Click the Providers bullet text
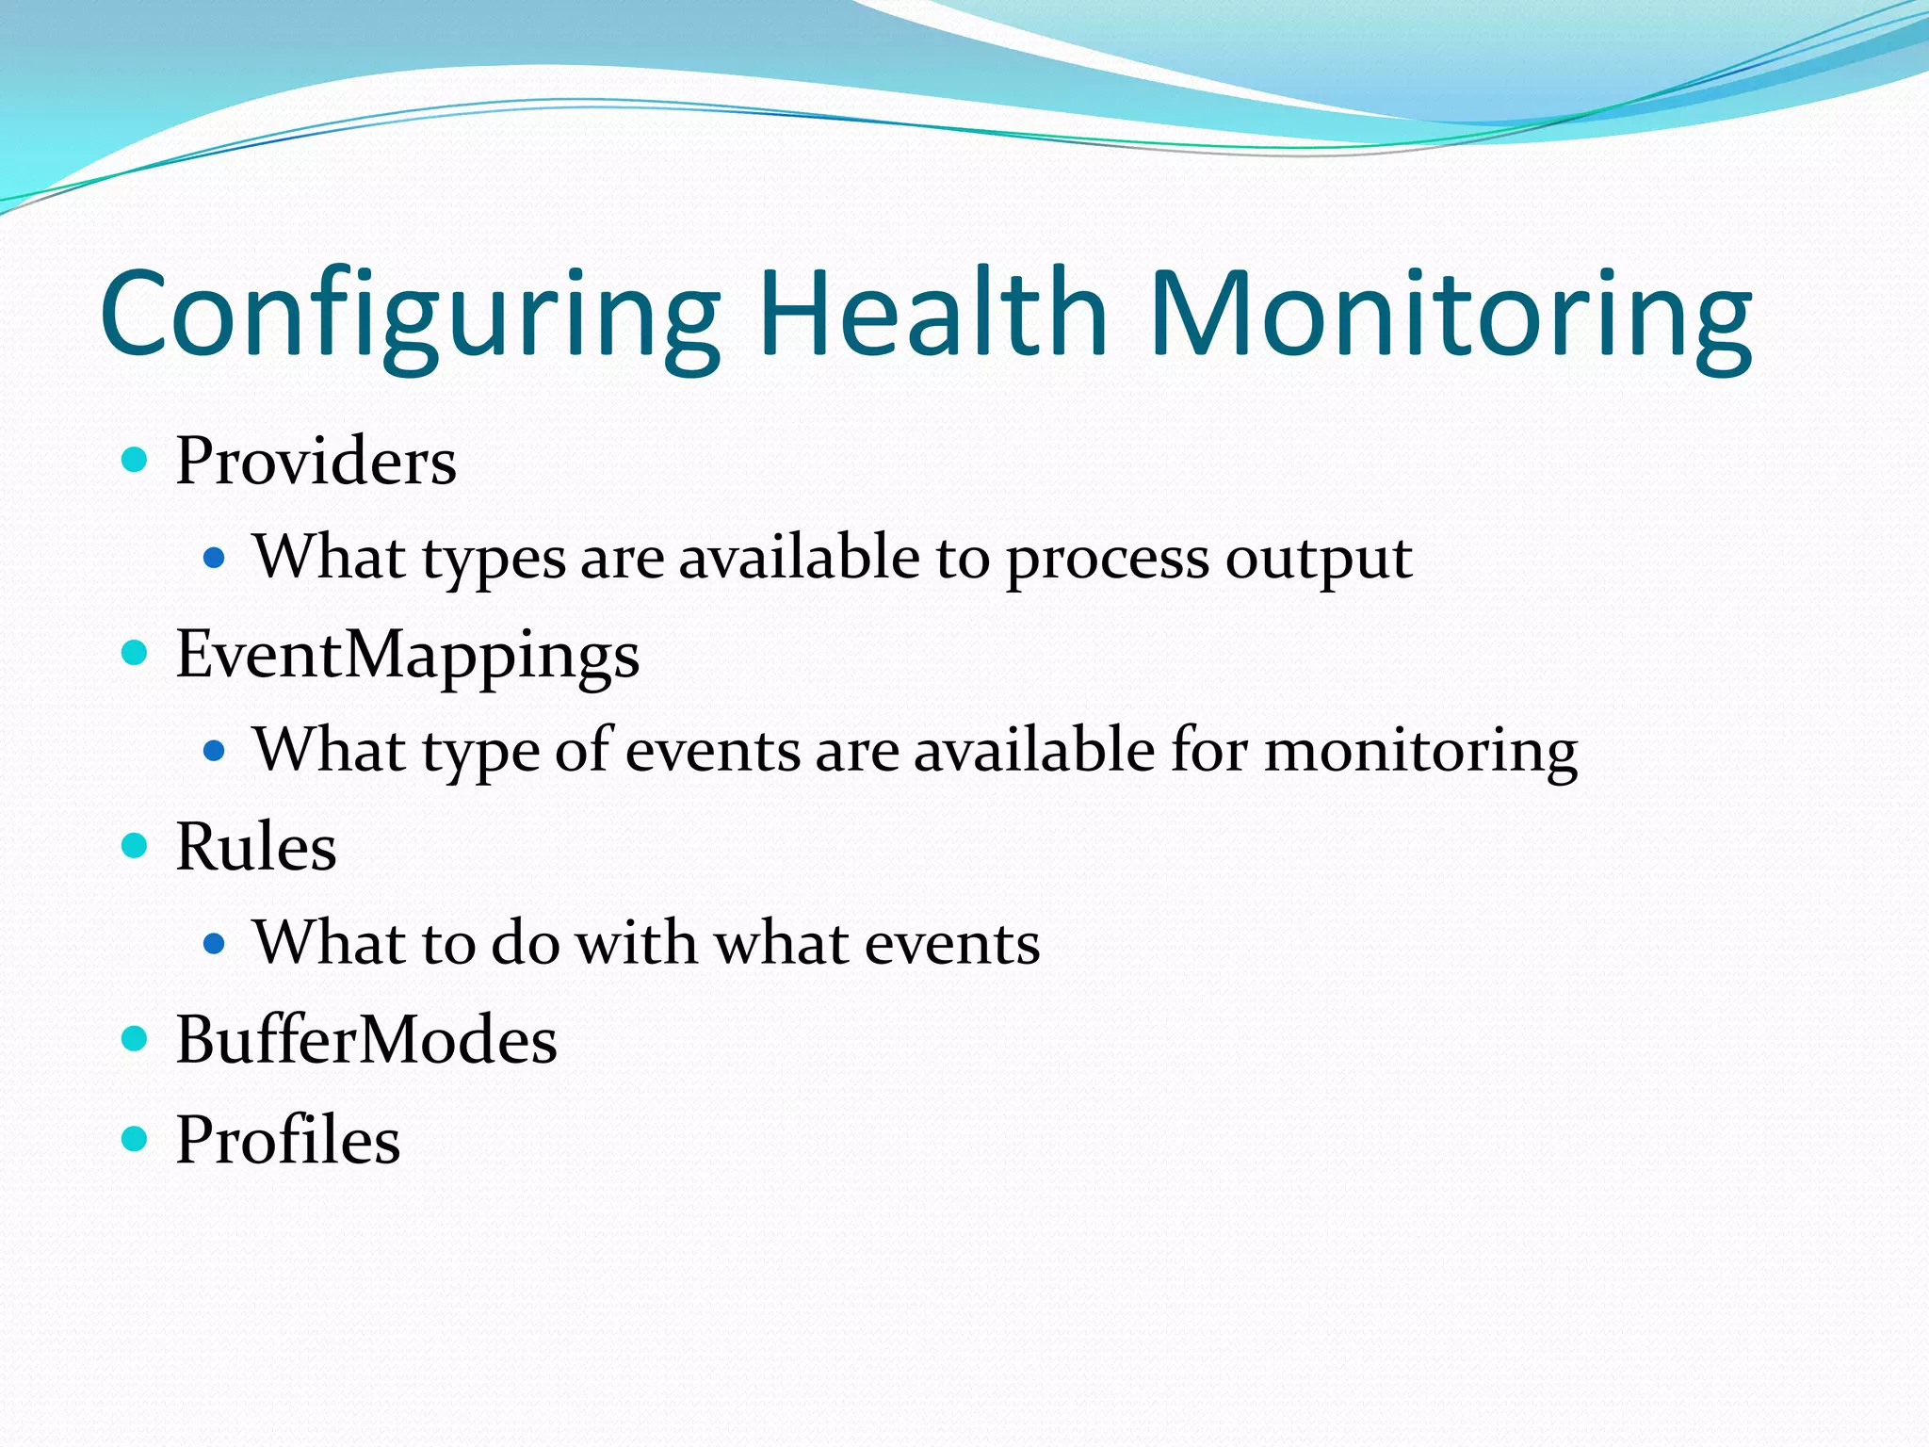[x=316, y=462]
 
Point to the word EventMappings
[x=407, y=656]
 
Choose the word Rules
[x=255, y=847]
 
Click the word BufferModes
[x=366, y=1040]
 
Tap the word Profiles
[x=287, y=1140]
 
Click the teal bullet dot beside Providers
[x=135, y=460]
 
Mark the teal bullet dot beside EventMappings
[x=135, y=652]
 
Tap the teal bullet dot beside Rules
[x=135, y=845]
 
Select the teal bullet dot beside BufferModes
[x=135, y=1038]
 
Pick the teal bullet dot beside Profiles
[x=135, y=1139]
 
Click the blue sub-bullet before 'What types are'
[x=215, y=558]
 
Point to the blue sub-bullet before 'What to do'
[x=215, y=943]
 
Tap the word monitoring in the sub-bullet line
[x=1420, y=753]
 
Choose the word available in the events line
[x=1034, y=751]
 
